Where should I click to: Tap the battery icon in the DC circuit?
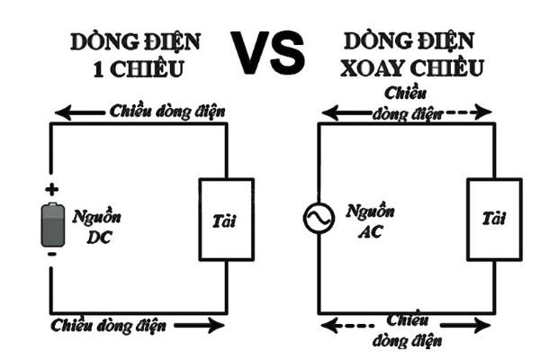(x=51, y=223)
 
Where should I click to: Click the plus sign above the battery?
(x=51, y=190)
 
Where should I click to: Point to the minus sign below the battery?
(x=51, y=256)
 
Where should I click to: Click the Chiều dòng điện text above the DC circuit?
(x=166, y=112)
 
